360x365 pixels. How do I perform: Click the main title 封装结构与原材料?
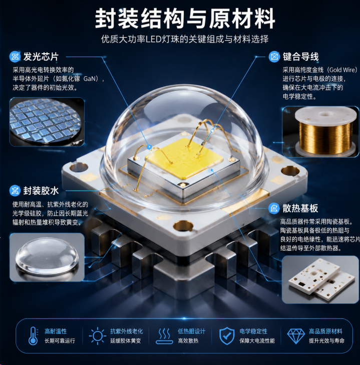(185, 19)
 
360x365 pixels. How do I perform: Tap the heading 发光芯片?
(41, 57)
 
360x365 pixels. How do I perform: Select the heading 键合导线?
(300, 57)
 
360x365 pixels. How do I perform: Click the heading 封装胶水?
(41, 191)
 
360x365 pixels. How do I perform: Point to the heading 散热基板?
(300, 208)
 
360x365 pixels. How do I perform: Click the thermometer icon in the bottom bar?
(33, 336)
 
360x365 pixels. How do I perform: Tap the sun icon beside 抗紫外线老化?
(97, 336)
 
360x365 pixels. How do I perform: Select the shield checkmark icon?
(227, 336)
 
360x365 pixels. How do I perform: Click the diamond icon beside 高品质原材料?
(296, 336)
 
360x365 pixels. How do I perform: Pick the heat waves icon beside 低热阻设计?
(164, 336)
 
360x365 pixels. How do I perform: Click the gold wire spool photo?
(320, 131)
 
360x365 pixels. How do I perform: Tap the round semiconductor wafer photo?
(47, 122)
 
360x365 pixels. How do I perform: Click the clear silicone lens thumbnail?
(47, 257)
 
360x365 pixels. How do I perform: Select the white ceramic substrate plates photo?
(320, 279)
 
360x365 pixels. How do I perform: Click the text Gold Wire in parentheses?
(343, 70)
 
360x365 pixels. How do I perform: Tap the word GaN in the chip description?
(90, 79)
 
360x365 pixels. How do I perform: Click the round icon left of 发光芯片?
(15, 57)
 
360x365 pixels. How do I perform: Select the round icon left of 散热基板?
(274, 208)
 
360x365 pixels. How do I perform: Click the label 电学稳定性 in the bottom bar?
(253, 331)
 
